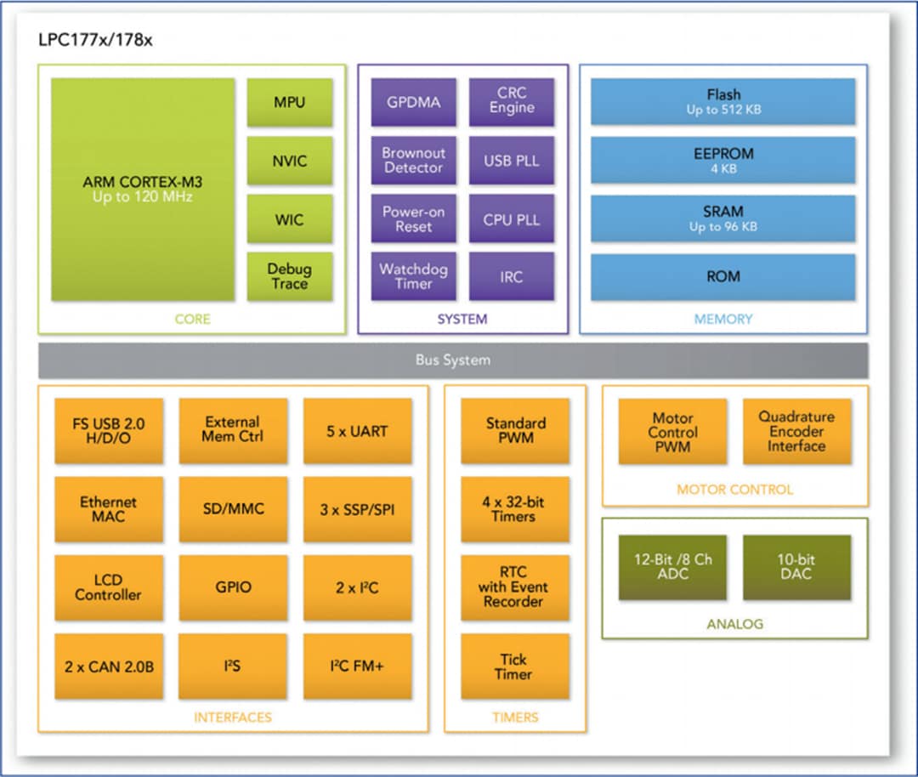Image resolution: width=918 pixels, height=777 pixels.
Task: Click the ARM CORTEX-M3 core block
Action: coord(143,190)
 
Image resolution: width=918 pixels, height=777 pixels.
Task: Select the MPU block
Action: coord(289,103)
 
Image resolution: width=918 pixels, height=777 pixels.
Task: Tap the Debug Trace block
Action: coord(289,276)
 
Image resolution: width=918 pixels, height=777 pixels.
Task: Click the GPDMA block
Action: coord(413,102)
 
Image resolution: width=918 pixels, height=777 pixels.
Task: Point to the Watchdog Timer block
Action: coord(413,276)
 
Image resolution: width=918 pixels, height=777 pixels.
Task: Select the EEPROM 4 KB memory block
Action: coord(723,160)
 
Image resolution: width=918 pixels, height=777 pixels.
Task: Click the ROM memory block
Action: coord(723,276)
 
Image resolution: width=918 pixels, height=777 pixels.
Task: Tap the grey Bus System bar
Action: coord(453,360)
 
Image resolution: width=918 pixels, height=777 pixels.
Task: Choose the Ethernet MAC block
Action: coord(109,509)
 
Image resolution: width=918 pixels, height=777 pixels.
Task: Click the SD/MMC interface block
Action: coord(233,509)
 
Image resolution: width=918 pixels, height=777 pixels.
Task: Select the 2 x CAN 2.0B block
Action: coord(109,666)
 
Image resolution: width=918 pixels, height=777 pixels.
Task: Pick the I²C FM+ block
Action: coord(357,666)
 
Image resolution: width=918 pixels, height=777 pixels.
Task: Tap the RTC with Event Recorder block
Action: coord(515,587)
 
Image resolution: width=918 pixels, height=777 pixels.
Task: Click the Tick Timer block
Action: coord(515,666)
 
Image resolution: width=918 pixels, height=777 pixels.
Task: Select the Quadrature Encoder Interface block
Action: coord(796,432)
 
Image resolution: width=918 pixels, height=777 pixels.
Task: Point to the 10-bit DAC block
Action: coord(796,567)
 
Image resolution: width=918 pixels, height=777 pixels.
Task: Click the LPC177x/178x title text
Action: coord(96,40)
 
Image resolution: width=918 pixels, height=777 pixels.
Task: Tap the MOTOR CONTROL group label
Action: coord(734,490)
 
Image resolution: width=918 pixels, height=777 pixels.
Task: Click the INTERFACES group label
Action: coord(233,717)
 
